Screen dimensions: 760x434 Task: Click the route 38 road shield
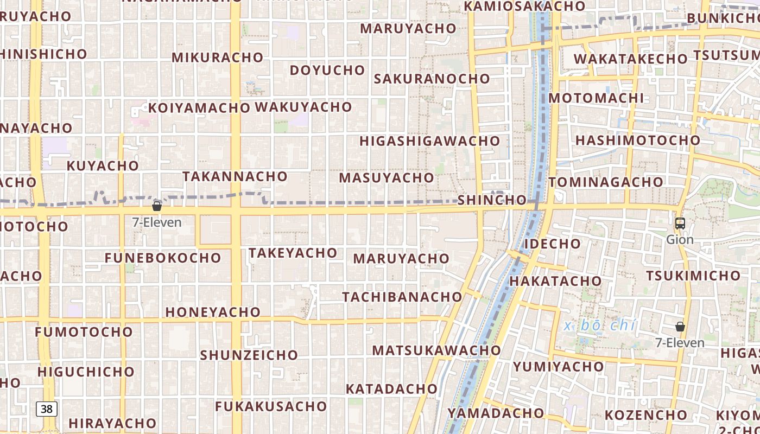click(47, 409)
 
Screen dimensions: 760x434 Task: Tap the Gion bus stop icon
click(680, 223)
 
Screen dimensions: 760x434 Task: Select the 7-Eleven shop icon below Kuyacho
click(157, 206)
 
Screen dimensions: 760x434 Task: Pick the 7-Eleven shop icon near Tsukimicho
click(680, 327)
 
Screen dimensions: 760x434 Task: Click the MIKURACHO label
click(217, 58)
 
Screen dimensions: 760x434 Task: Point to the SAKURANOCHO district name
click(432, 79)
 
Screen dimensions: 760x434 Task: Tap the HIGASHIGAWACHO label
click(429, 141)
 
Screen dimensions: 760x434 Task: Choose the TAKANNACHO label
click(235, 176)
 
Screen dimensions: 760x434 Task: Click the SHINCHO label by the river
click(492, 200)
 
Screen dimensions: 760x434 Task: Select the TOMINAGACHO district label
click(606, 182)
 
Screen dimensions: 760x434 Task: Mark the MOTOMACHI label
click(596, 98)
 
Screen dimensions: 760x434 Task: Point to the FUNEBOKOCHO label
click(163, 258)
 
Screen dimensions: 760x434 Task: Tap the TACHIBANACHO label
click(402, 297)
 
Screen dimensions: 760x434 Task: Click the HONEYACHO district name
click(213, 312)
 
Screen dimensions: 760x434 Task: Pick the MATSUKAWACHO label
click(436, 350)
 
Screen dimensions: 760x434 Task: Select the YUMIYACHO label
click(558, 367)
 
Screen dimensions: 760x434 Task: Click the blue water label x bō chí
click(600, 325)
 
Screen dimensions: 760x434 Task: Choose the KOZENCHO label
click(646, 415)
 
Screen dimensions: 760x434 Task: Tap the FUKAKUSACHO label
click(271, 406)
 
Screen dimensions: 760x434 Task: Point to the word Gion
click(680, 240)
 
